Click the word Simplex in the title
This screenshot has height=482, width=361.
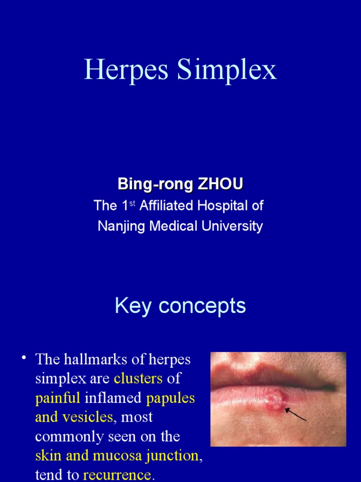(227, 70)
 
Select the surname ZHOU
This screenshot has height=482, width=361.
(221, 184)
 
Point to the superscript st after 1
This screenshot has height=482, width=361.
(132, 203)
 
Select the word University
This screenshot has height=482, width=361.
(233, 226)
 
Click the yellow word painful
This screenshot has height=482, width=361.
(58, 398)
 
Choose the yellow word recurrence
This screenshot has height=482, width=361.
(117, 475)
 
